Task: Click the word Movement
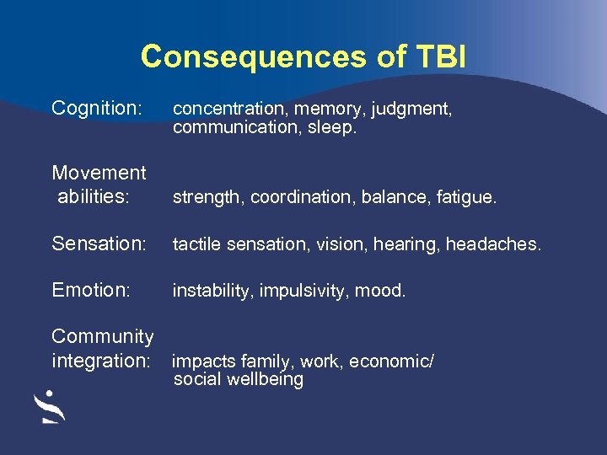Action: pyautogui.click(x=99, y=173)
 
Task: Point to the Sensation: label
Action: pyautogui.click(x=99, y=244)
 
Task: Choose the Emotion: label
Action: pyautogui.click(x=91, y=290)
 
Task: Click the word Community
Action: pyautogui.click(x=102, y=337)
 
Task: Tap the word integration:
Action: pyautogui.click(x=100, y=361)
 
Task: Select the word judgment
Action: pyautogui.click(x=411, y=110)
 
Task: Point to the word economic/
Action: pyautogui.click(x=391, y=362)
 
